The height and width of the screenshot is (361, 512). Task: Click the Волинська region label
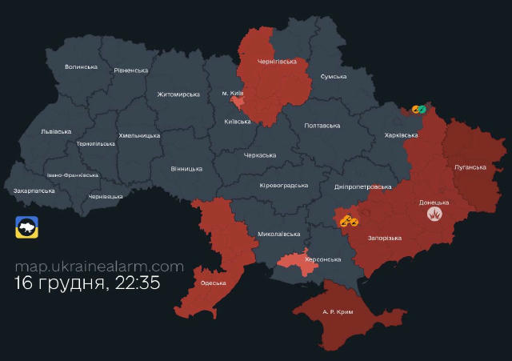pos(81,66)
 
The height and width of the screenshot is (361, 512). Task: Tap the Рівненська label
pos(130,70)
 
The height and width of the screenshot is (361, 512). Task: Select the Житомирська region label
pos(178,94)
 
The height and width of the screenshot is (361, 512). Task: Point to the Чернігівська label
pos(277,61)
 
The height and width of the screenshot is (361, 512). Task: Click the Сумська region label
pos(333,76)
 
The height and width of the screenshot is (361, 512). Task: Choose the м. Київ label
pos(233,94)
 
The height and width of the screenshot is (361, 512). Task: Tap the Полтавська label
pos(322,126)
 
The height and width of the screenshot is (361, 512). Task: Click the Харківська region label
pos(401,135)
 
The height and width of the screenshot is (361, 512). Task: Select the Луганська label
pos(470,166)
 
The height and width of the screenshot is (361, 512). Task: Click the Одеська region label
pos(214,283)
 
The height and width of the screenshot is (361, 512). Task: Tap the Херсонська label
pos(323,259)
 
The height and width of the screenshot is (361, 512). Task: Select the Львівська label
pos(55,131)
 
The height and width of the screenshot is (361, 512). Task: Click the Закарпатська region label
pos(34,191)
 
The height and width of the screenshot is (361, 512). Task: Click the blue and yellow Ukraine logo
pos(25,227)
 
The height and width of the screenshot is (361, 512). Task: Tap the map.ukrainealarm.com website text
pos(99,267)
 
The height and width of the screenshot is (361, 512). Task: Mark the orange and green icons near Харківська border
pos(421,109)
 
